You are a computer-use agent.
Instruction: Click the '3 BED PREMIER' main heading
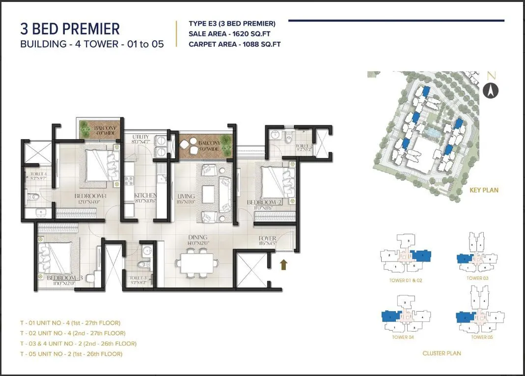click(70, 29)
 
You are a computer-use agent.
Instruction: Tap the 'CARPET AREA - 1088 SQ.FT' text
click(234, 44)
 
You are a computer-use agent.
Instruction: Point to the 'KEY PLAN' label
click(484, 190)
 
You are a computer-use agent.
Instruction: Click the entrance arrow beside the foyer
click(283, 265)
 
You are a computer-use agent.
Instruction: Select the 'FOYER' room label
click(267, 238)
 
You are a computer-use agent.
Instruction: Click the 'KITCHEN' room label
click(145, 196)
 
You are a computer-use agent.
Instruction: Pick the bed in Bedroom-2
click(277, 183)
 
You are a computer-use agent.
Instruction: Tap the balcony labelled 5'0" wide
click(205, 146)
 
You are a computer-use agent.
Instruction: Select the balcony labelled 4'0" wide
click(99, 131)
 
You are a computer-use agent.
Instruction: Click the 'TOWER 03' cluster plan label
click(474, 278)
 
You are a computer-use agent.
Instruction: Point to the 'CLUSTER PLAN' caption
click(441, 353)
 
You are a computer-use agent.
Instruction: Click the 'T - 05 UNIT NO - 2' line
click(71, 354)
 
